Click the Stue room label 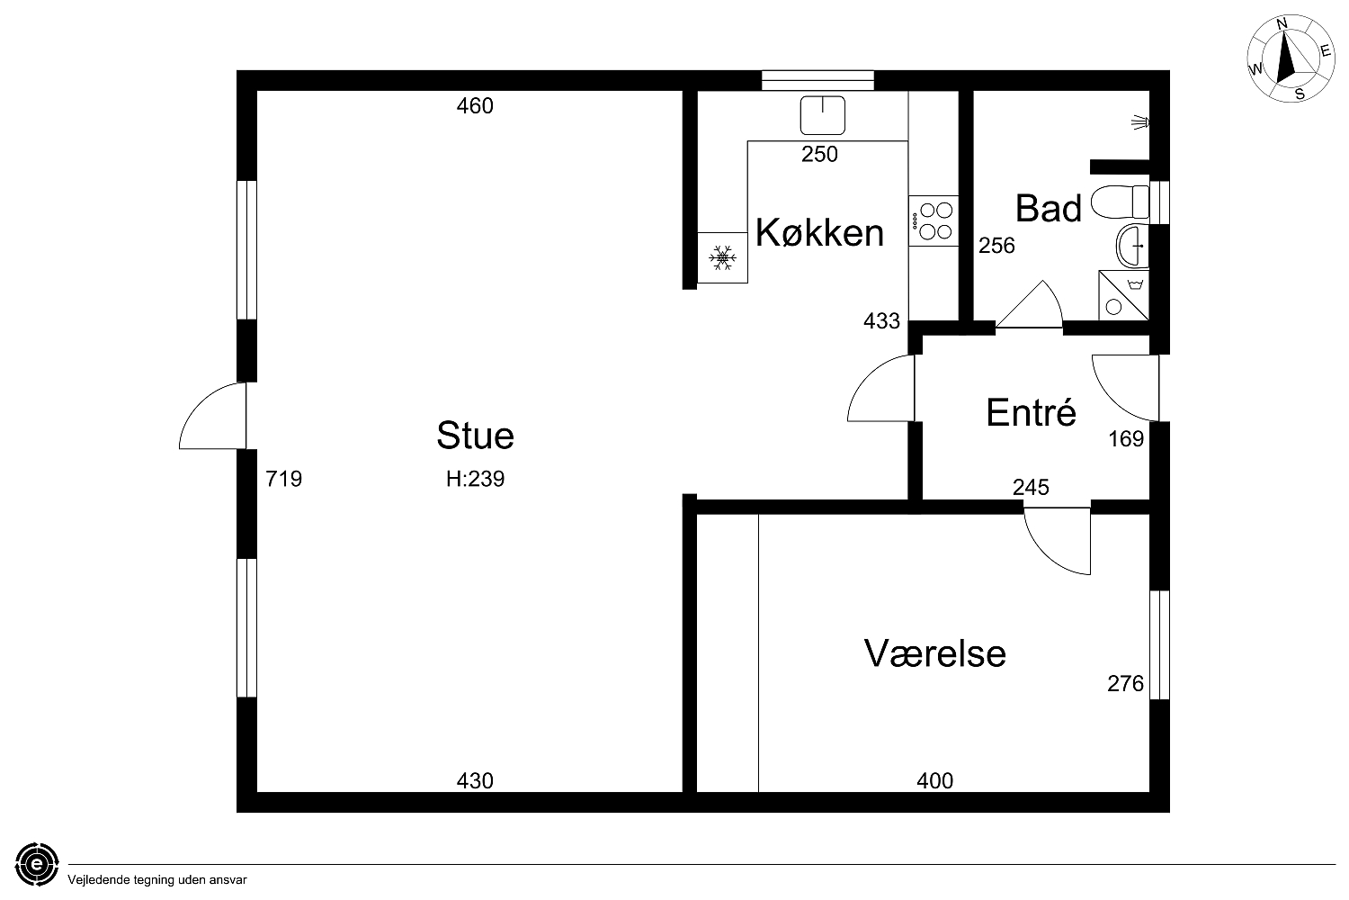(475, 436)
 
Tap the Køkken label (819, 232)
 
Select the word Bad (1049, 209)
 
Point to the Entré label (1031, 412)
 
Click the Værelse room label (935, 653)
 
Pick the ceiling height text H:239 (475, 479)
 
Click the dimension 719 (283, 479)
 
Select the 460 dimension (475, 106)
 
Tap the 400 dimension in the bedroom (934, 781)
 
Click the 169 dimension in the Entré (1126, 439)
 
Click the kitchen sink (823, 115)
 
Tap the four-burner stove (934, 220)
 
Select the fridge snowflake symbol (722, 258)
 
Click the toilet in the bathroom (1121, 202)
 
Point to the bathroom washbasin (1132, 246)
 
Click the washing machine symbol (1124, 295)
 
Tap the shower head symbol (1140, 123)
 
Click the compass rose (1290, 58)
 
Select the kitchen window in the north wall (817, 81)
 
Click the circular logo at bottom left (37, 864)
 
